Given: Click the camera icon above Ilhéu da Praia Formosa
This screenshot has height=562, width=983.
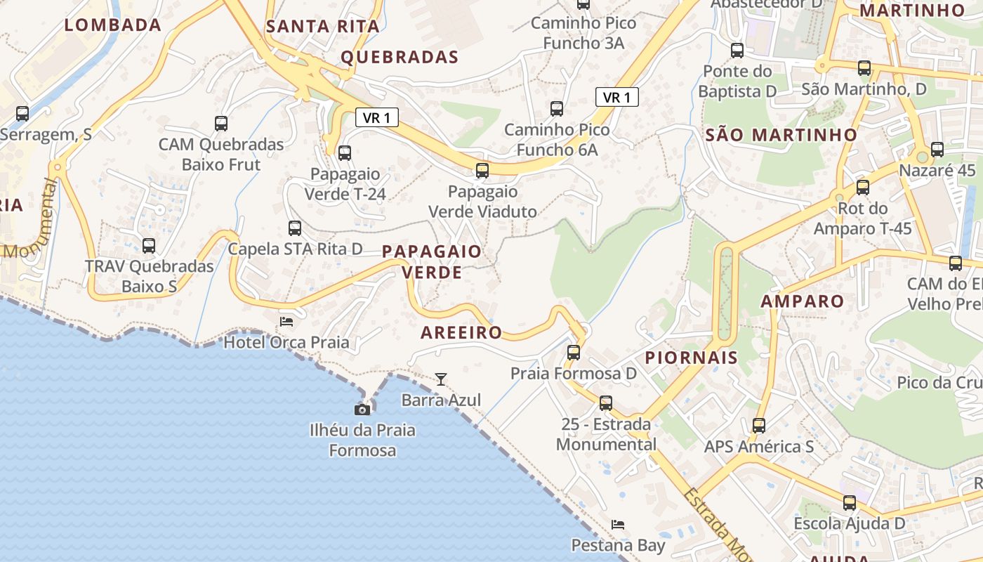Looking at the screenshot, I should point(362,410).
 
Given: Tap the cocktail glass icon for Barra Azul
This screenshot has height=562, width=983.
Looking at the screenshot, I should point(441,379).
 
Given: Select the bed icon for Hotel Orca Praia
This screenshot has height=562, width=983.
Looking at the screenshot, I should point(286,322).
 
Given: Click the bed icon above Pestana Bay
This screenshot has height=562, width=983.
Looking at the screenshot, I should point(618,524).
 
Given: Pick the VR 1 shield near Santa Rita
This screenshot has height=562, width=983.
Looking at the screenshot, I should point(377,118).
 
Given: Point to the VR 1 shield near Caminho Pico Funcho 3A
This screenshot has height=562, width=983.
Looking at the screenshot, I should point(617,97).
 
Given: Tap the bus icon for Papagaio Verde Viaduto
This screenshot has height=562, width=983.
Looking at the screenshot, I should point(482,170).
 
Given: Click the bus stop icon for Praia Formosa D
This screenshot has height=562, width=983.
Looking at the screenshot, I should point(574,353).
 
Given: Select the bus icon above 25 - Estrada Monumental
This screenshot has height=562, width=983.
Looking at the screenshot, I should point(606,403).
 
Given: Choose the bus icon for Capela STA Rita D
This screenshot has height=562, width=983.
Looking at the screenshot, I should point(295,228).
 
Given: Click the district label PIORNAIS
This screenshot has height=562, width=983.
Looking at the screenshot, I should point(692,358).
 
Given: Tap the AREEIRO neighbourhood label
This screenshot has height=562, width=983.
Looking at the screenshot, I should point(461,333).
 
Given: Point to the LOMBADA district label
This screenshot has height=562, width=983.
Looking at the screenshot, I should point(113,25).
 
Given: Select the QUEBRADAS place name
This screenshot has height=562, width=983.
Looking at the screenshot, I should point(400,58).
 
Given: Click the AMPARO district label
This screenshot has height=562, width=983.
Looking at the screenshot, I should point(803,301).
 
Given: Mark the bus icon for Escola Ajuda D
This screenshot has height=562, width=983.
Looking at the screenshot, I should point(850,503).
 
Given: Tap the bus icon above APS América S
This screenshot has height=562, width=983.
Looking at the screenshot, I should point(759,426).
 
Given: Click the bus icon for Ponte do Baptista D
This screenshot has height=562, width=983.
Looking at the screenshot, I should point(737,51).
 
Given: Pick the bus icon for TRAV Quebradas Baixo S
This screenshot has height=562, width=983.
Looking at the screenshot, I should point(149,246).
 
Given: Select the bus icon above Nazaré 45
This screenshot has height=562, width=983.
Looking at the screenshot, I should point(937,150).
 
